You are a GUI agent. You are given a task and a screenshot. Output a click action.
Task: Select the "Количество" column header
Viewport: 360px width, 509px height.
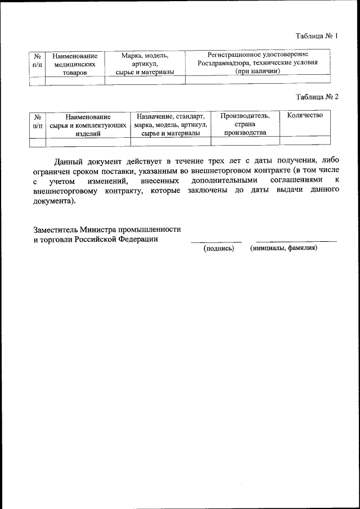[304, 116]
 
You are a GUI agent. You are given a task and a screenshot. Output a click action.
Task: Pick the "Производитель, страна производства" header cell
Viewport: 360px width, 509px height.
[245, 124]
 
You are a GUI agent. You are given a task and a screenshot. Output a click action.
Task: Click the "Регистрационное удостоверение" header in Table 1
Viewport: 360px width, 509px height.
[257, 55]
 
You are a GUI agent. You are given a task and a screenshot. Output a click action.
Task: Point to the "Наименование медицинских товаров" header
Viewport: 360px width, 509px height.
[75, 64]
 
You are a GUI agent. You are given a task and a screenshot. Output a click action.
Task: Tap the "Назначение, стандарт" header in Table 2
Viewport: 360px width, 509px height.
[170, 116]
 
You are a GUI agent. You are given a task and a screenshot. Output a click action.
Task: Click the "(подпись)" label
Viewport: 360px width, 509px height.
[218, 248]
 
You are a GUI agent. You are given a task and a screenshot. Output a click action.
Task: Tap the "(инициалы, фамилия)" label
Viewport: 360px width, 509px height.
[284, 247]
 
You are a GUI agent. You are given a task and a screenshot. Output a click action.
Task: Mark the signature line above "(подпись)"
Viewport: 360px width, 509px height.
[216, 242]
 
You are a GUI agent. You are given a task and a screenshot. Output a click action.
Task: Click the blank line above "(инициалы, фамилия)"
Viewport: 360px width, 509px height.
[296, 241]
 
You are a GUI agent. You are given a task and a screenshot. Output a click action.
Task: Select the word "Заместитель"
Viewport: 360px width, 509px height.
[55, 229]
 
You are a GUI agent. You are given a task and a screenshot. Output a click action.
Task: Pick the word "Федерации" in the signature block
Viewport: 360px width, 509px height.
[139, 238]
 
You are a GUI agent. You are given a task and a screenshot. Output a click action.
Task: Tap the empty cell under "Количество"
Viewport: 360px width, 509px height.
[304, 141]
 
